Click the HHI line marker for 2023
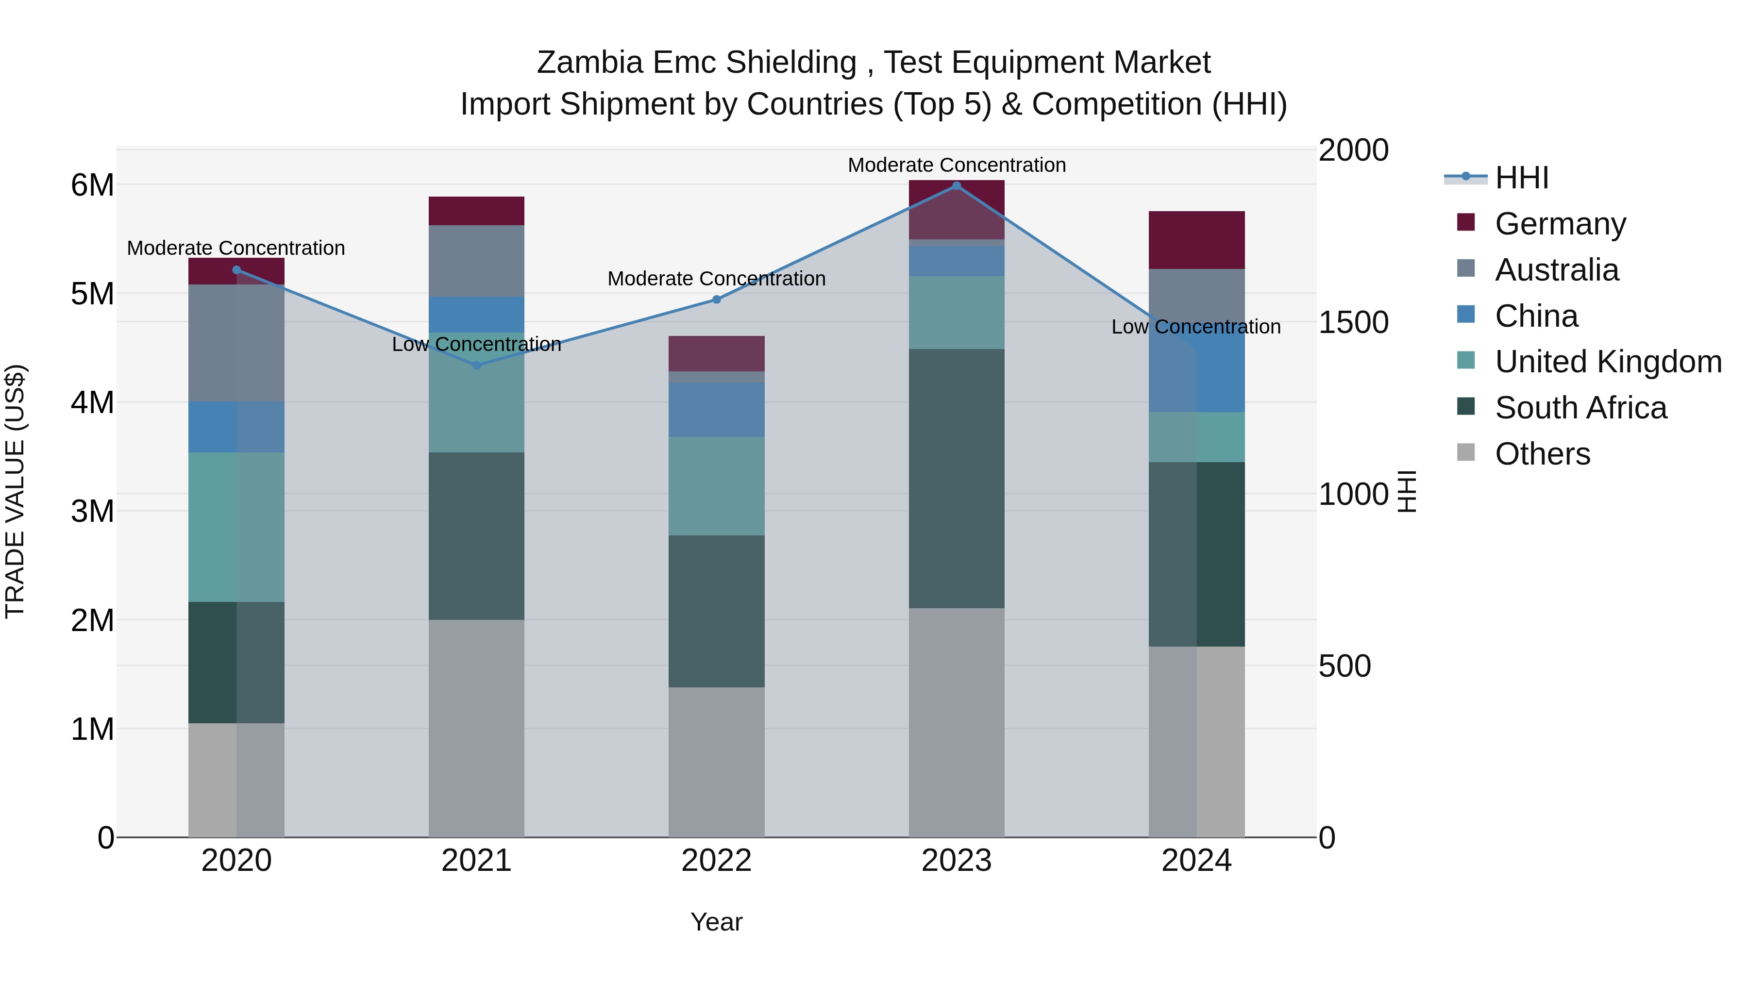pos(956,186)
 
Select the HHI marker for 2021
pos(476,365)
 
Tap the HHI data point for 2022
pos(717,299)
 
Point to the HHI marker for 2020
pos(236,270)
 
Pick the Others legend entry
pos(1542,454)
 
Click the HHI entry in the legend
pos(1521,178)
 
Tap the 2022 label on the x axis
pos(717,861)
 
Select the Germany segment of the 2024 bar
pos(1196,240)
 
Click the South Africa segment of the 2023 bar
pos(956,478)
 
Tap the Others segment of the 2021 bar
pos(476,728)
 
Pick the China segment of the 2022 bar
pos(717,410)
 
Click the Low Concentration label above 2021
pos(476,345)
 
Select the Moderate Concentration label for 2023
pos(956,165)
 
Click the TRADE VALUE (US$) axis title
pos(16,492)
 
